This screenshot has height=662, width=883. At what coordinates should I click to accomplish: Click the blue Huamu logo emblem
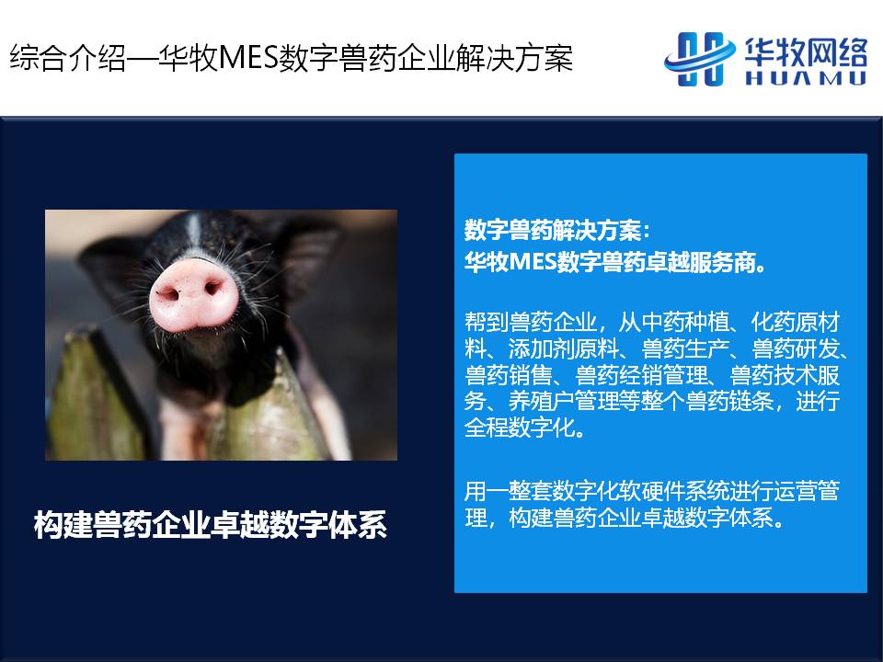pos(700,59)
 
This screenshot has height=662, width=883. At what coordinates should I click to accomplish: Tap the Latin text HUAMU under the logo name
pos(806,77)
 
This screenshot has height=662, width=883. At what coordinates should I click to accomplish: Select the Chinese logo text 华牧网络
pos(806,51)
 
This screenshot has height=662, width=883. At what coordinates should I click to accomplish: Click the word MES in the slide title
pos(247,58)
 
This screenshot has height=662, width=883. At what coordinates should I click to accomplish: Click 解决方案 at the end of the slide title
pos(515,58)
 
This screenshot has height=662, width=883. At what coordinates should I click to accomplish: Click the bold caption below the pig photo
pos(210,525)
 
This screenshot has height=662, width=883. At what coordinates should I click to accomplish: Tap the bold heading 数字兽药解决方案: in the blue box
pos(556,230)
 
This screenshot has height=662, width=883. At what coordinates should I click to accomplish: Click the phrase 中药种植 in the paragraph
pos(684,322)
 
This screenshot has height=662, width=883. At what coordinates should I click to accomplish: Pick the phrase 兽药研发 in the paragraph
pos(796,348)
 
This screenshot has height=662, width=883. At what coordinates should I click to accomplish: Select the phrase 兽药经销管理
pos(641,375)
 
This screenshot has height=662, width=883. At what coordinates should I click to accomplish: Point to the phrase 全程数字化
pos(520,428)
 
